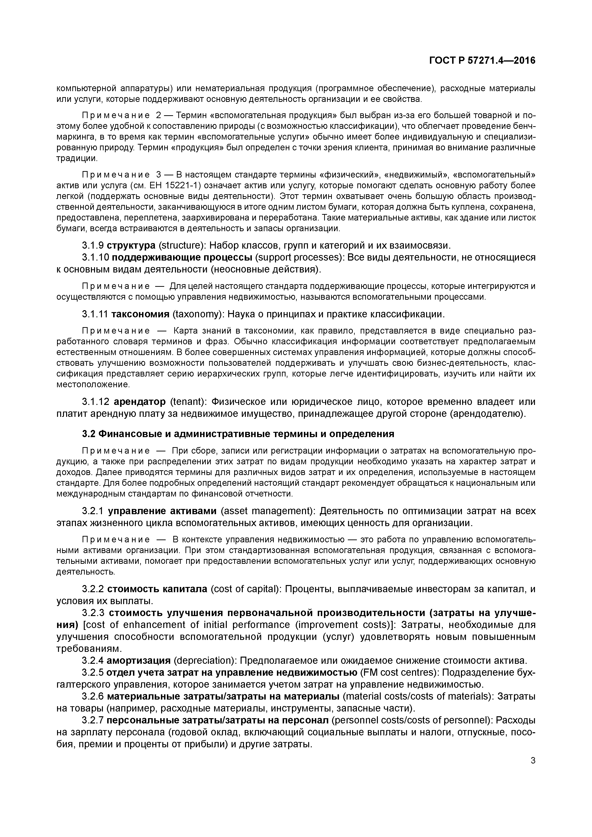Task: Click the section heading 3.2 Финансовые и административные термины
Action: coord(238,434)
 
